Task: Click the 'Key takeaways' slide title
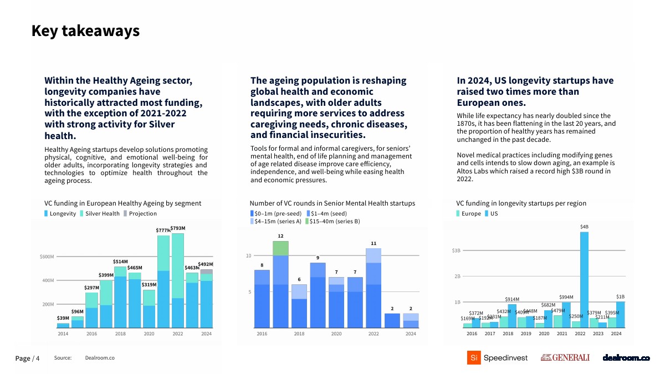coord(85,31)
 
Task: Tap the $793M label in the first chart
coord(178,228)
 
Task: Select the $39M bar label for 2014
coord(63,319)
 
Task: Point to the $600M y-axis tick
coord(47,257)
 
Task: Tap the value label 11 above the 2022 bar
coord(374,243)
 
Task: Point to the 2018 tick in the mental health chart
coord(299,334)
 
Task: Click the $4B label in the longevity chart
coord(585,227)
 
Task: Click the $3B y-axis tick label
coord(456,250)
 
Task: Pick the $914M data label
coord(512,299)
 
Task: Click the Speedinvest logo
coord(497,358)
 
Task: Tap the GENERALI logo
coord(565,358)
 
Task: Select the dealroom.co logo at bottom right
coord(626,358)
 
